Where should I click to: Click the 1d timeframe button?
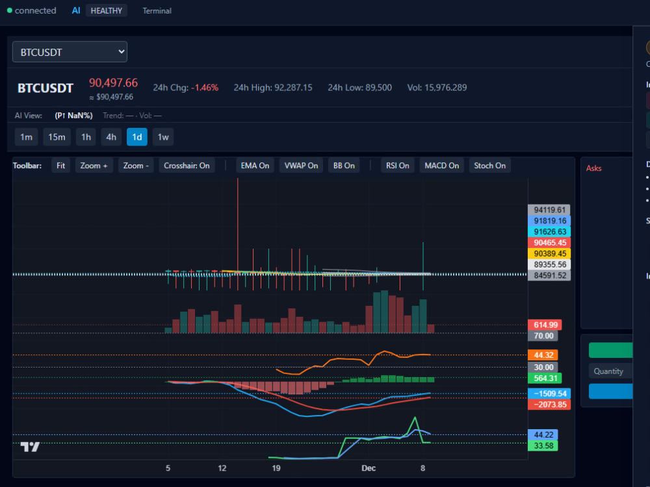(136, 137)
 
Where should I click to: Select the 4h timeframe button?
(111, 137)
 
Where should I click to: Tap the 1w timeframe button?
(163, 137)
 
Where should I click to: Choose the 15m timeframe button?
(57, 137)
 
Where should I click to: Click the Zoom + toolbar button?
(94, 166)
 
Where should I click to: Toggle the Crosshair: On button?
(187, 166)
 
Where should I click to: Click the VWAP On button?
(301, 166)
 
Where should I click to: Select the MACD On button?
(441, 166)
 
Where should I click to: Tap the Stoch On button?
(489, 166)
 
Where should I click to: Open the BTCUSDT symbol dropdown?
(70, 52)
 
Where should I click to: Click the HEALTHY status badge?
(106, 11)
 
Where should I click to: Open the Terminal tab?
(157, 11)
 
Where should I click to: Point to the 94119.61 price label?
(549, 210)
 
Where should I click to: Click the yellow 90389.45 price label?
(549, 253)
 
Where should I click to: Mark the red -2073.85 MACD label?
(549, 405)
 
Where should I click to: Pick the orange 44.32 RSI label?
(543, 355)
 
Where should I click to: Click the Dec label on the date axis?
(369, 468)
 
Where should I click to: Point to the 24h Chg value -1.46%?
(205, 88)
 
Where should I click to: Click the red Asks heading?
(593, 168)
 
